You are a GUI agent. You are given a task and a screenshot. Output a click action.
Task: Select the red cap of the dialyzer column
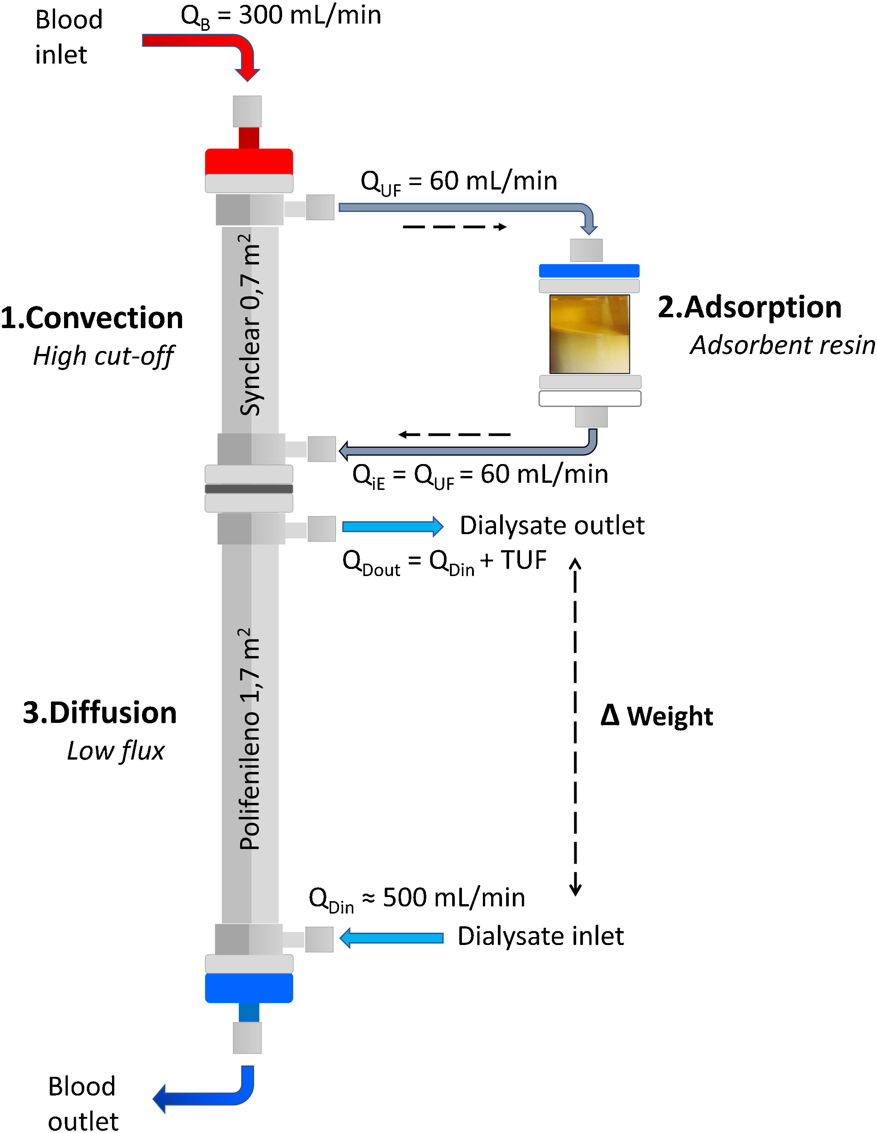pyautogui.click(x=249, y=161)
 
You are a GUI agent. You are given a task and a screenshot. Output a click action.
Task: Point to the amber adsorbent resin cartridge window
pyautogui.click(x=590, y=334)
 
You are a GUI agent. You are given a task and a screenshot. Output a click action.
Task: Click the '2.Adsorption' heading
pyautogui.click(x=749, y=307)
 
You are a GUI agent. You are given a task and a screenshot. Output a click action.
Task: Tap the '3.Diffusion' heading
pyautogui.click(x=100, y=713)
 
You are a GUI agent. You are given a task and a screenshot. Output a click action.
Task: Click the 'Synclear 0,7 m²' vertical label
pyautogui.click(x=250, y=324)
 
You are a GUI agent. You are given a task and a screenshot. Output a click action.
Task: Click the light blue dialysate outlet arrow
pyautogui.click(x=392, y=526)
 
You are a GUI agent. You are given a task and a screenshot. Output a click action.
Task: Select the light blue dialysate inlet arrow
pyautogui.click(x=392, y=938)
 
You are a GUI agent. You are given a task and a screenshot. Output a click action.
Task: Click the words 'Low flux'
pyautogui.click(x=116, y=751)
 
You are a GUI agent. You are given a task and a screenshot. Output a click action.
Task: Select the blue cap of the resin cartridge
pyautogui.click(x=589, y=271)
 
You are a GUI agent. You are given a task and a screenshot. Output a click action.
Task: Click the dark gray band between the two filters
pyautogui.click(x=249, y=489)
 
